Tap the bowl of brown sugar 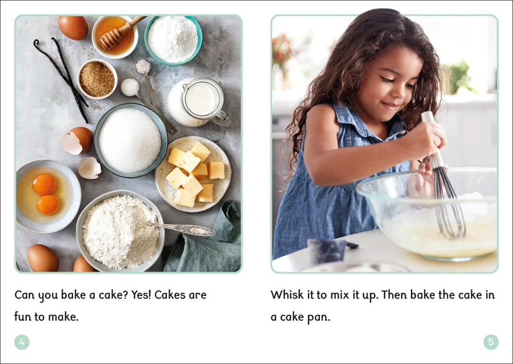click(x=97, y=79)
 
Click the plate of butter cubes click(x=194, y=174)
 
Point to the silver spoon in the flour click(x=181, y=228)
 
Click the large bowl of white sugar click(x=131, y=140)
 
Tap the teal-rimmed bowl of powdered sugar click(x=173, y=40)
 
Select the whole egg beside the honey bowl click(x=73, y=28)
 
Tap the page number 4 click(x=22, y=342)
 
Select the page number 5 click(x=491, y=342)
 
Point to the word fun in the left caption click(x=22, y=317)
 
